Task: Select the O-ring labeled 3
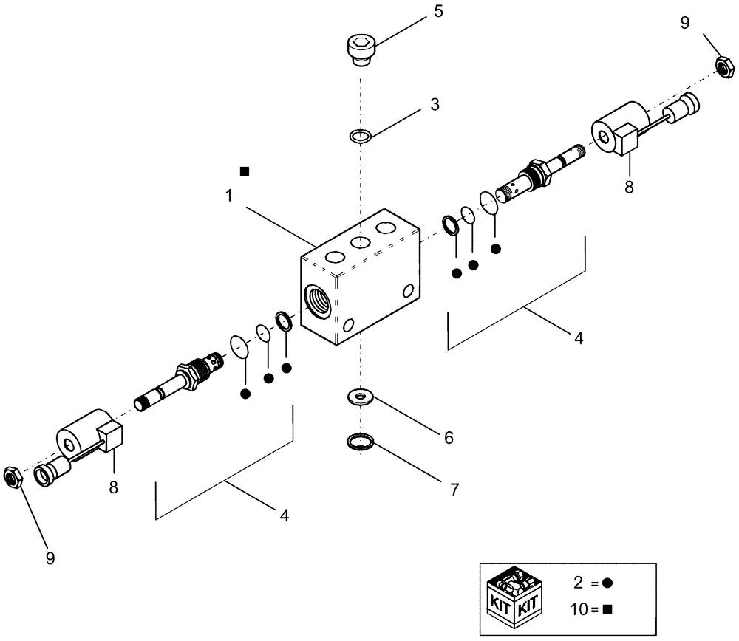[x=360, y=136]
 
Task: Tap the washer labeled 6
[x=360, y=398]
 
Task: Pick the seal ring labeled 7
[x=360, y=442]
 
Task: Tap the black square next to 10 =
[x=608, y=609]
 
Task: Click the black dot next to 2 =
[x=608, y=583]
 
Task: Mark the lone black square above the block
[x=245, y=171]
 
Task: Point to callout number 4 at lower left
[x=284, y=515]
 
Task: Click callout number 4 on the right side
[x=579, y=338]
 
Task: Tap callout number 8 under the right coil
[x=629, y=188]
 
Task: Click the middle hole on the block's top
[x=360, y=243]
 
